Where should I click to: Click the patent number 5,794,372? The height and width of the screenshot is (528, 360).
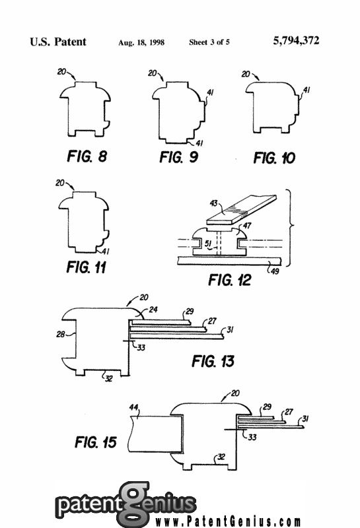[296, 41]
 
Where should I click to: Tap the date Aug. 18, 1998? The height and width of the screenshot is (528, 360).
[141, 42]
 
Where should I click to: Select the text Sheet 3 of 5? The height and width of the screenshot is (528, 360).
[209, 42]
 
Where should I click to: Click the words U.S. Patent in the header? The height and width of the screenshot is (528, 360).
[58, 42]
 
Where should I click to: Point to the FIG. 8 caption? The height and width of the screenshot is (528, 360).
[87, 156]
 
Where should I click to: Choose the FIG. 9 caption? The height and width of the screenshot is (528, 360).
[178, 157]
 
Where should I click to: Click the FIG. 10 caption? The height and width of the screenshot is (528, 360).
[274, 158]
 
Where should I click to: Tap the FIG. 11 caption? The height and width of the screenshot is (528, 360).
[87, 267]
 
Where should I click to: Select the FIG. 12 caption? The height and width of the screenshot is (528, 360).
[230, 280]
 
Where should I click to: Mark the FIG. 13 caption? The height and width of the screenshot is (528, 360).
[213, 361]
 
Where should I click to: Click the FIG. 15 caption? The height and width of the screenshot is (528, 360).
[96, 442]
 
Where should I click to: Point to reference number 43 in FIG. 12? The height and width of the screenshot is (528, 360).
[214, 203]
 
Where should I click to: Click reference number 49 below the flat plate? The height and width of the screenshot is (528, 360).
[275, 271]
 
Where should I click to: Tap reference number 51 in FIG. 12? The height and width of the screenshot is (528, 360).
[208, 244]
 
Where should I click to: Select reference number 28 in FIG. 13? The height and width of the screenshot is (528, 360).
[60, 335]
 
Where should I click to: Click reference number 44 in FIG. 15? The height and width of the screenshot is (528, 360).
[134, 407]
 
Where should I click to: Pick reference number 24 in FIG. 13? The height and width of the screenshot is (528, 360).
[153, 310]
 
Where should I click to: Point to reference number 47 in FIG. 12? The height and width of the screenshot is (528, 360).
[247, 226]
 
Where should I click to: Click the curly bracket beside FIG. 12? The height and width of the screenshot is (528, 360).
[290, 228]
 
